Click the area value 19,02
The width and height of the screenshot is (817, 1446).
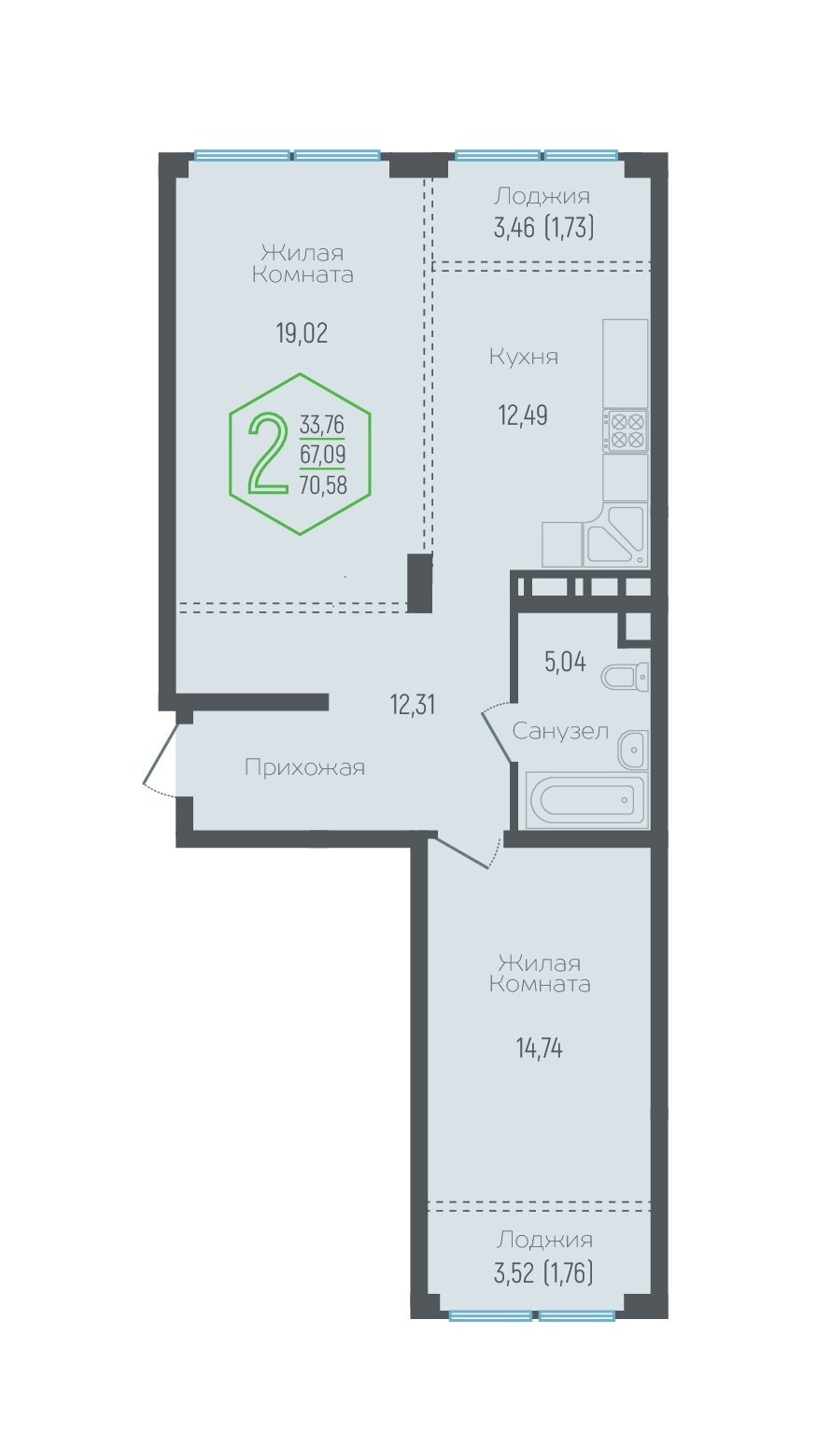pos(303,333)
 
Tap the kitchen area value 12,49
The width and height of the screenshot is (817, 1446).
pos(523,415)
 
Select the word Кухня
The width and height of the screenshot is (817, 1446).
pos(524,357)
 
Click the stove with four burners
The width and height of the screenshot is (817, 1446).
pos(626,430)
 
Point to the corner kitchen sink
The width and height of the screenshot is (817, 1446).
pos(615,535)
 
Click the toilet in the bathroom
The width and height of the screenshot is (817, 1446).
pos(625,677)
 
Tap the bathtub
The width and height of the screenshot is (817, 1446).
pos(585,800)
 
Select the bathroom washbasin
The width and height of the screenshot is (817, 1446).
pos(632,751)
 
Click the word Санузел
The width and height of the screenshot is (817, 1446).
pos(560,731)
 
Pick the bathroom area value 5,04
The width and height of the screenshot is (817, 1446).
pos(565,662)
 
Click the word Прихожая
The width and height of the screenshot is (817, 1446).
pos(304,768)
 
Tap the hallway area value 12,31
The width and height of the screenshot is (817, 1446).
pos(412,704)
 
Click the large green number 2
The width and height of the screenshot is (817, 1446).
pos(268,455)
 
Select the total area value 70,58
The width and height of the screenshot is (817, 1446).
pos(323,484)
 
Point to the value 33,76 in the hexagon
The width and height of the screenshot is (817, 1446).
pos(321,425)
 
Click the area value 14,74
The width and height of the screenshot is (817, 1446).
pos(540,1048)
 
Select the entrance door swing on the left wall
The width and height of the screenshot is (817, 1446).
pos(160,760)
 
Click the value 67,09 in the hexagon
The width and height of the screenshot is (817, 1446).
pos(322,455)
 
